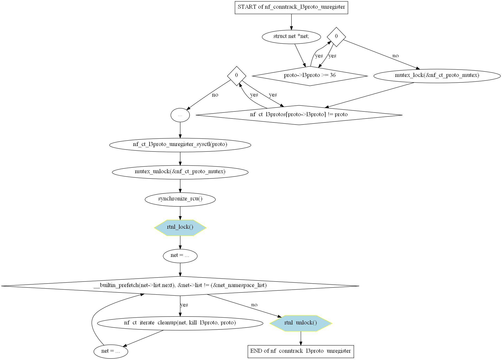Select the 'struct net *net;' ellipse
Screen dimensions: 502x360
coord(291,37)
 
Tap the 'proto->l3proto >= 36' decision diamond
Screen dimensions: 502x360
coord(310,76)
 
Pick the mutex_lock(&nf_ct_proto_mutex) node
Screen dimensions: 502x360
coord(437,76)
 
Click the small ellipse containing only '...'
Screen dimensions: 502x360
coord(180,115)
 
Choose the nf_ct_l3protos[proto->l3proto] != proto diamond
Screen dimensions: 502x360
coord(299,115)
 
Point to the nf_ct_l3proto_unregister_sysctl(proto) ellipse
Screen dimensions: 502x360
coord(180,145)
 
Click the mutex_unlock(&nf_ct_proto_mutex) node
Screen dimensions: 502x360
coord(180,172)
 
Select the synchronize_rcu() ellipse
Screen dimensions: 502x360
coord(180,199)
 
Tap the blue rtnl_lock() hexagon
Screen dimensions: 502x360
coord(180,228)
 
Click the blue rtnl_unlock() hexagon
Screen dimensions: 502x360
coord(301,323)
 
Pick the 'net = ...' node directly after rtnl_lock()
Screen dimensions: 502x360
coord(180,256)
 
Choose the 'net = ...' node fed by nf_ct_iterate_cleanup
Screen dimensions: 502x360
coord(111,351)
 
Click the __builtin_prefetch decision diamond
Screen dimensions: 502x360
coord(180,286)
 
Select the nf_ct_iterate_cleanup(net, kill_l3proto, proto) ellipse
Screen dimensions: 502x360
coord(180,323)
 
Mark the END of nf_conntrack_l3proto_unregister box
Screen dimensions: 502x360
coord(301,351)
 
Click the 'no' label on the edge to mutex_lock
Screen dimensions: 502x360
coord(396,56)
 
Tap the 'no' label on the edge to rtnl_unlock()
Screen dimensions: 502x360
coord(254,305)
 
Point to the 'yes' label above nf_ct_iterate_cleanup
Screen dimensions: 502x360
coord(184,305)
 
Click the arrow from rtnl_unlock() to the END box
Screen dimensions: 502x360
coord(301,338)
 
